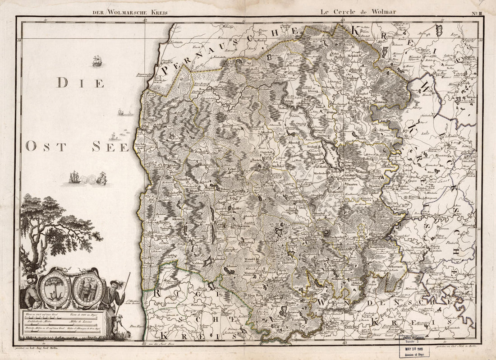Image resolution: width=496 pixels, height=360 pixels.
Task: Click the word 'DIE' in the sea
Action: [x=81, y=83]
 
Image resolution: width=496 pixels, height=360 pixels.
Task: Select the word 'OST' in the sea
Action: [x=43, y=146]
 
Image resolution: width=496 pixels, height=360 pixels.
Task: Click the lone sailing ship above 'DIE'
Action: [x=96, y=61]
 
